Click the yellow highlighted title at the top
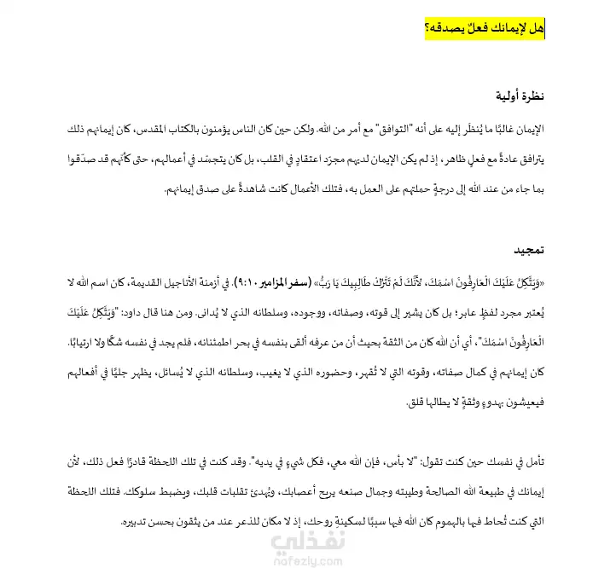485,29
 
